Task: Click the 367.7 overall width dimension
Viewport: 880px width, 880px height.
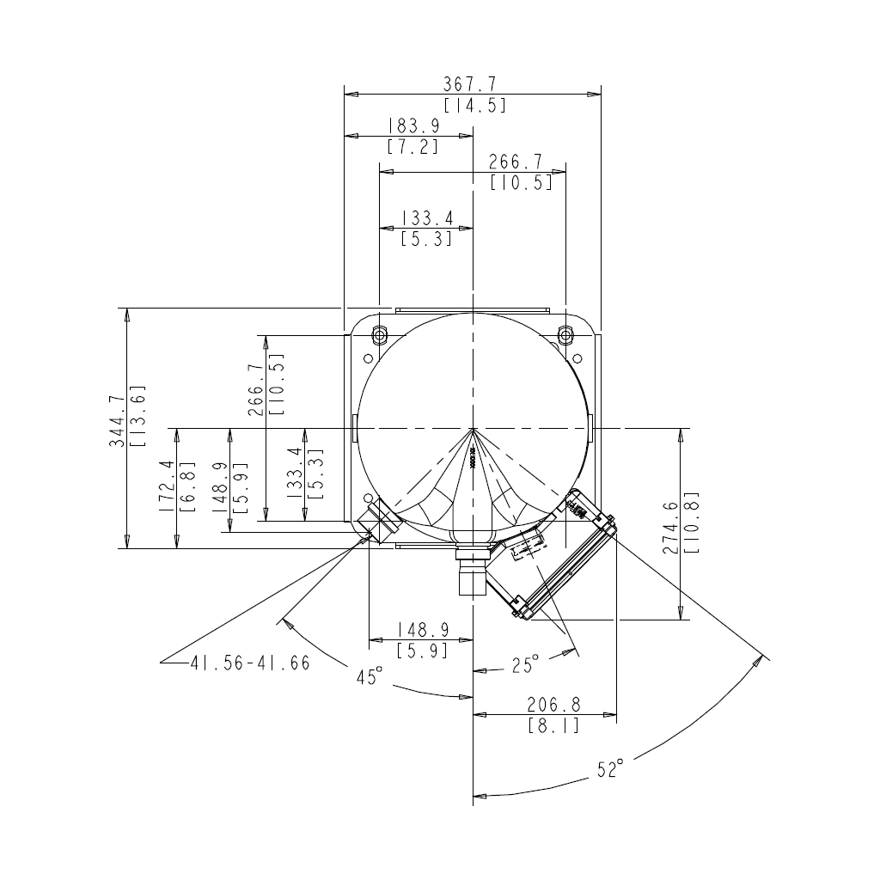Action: tap(470, 84)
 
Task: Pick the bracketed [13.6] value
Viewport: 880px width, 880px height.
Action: tap(137, 416)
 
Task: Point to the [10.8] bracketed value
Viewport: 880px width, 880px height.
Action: tap(693, 522)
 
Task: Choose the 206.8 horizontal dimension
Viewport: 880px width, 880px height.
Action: tap(553, 705)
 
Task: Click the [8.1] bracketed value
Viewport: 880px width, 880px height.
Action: tap(553, 726)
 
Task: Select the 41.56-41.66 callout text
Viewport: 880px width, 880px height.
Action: tap(250, 663)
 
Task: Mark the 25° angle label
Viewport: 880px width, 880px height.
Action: tap(525, 664)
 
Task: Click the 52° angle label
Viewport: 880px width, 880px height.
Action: tap(609, 770)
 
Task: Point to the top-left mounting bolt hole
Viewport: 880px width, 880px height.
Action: tap(380, 333)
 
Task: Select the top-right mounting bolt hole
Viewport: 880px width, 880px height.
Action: tap(565, 333)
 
